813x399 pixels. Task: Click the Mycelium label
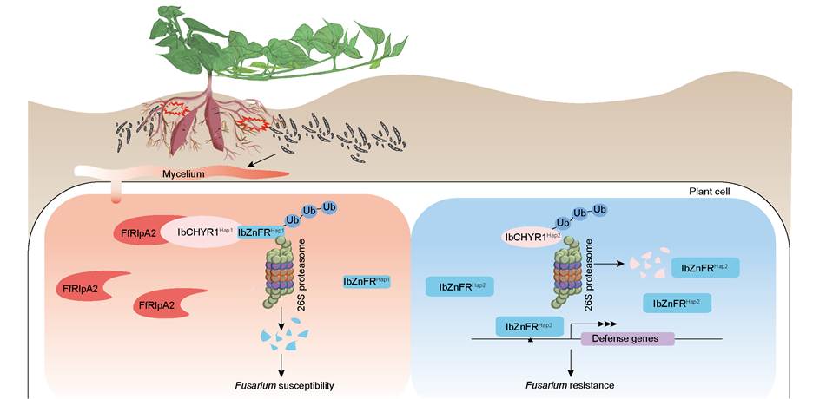coord(183,173)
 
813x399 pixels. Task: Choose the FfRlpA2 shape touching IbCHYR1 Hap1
coord(139,232)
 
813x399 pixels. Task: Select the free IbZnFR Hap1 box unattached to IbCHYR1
coord(367,280)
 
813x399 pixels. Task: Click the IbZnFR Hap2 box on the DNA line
coord(529,325)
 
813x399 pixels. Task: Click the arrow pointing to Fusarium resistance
coord(572,363)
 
